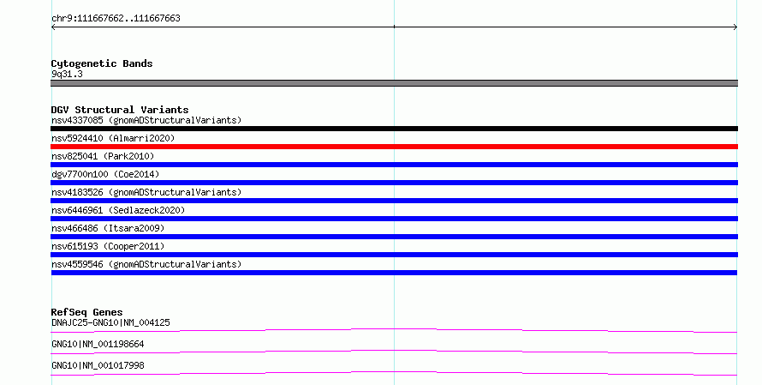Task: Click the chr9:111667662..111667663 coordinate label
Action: click(x=116, y=19)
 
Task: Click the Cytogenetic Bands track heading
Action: click(x=102, y=63)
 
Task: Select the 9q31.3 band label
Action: click(x=67, y=74)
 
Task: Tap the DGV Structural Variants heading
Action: click(x=120, y=110)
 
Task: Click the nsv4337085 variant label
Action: click(x=146, y=120)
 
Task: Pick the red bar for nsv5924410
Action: click(x=394, y=147)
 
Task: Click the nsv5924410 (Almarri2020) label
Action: click(x=113, y=138)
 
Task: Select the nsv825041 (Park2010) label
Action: click(x=103, y=156)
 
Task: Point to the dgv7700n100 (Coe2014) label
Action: click(x=105, y=174)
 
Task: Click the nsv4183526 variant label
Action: click(x=146, y=192)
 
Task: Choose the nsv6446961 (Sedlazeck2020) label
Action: click(x=118, y=210)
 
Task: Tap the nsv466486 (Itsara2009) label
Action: click(x=108, y=228)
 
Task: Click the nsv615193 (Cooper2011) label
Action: click(x=108, y=246)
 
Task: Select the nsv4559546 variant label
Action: click(x=146, y=264)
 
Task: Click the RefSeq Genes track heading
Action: click(x=86, y=312)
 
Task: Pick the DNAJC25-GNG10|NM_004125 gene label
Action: click(x=110, y=322)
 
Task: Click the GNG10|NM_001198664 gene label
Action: click(x=98, y=344)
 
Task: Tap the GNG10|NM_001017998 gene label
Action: click(x=98, y=365)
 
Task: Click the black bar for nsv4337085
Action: click(x=394, y=129)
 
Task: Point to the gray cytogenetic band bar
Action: click(x=394, y=83)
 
